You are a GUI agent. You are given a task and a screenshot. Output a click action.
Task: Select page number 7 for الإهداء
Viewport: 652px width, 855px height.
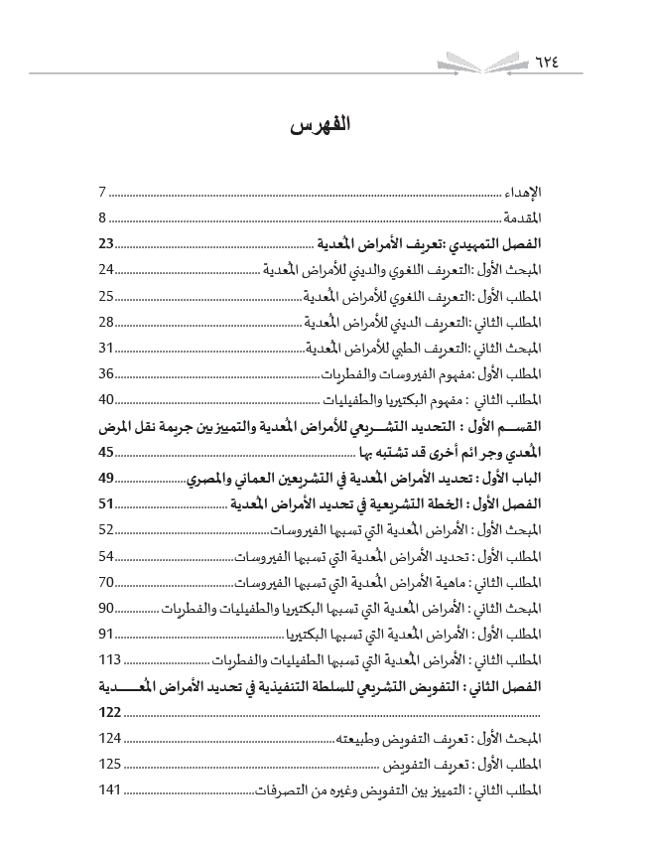(x=102, y=192)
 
